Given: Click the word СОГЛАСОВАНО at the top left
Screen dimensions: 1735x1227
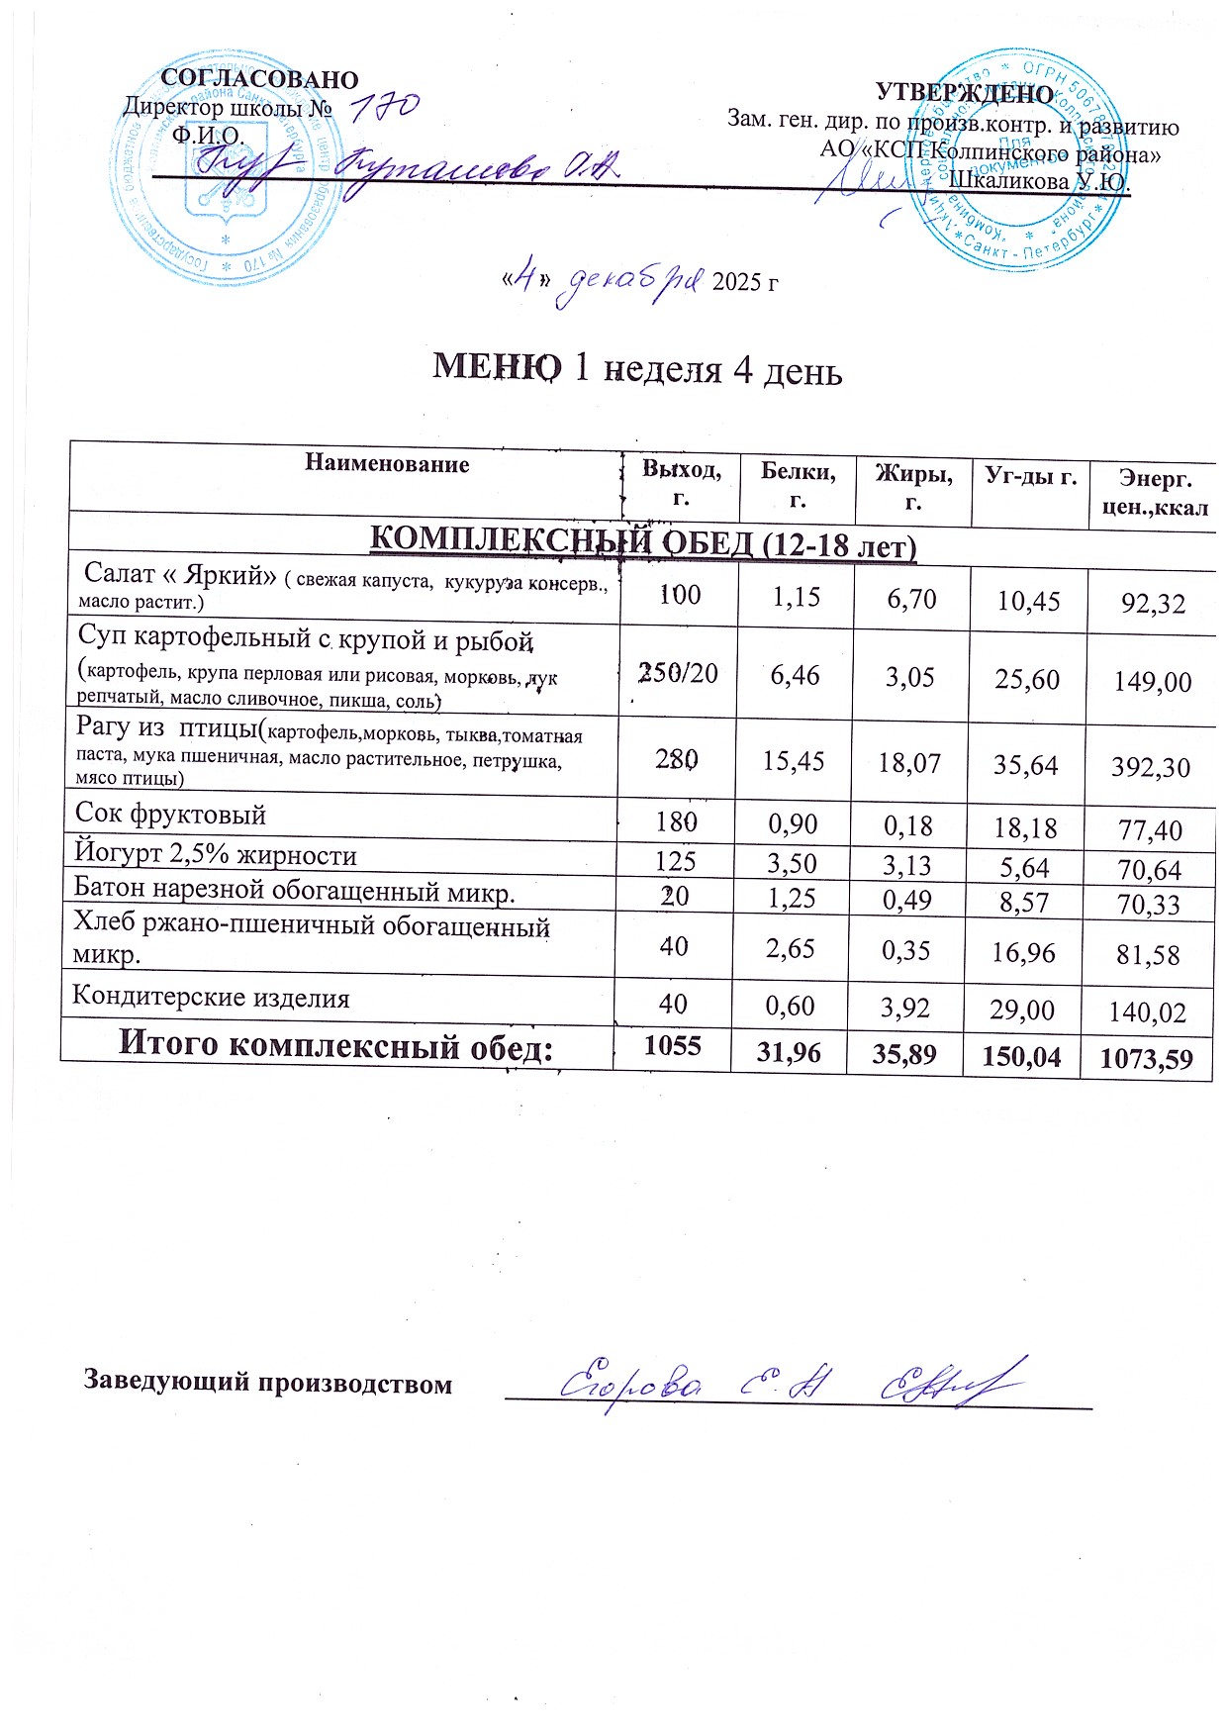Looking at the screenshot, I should (x=259, y=79).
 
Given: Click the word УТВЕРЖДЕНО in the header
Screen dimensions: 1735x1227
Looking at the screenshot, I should (x=965, y=94).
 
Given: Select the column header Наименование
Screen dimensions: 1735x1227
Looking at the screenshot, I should (x=387, y=464).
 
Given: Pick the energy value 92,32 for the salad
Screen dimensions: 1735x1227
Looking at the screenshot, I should (x=1153, y=603).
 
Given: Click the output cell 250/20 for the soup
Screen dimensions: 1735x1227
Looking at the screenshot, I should (x=679, y=674).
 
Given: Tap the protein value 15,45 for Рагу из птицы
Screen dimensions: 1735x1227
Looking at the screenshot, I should (x=796, y=762).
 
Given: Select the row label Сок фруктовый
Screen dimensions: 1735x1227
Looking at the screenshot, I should (x=171, y=816).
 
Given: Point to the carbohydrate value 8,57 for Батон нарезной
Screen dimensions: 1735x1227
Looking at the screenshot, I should (x=1026, y=901).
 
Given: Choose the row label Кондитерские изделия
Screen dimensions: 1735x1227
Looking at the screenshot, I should (x=211, y=998).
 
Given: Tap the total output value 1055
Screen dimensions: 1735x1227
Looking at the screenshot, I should (x=673, y=1046).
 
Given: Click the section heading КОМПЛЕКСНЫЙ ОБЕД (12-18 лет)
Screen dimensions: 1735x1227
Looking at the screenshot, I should (x=642, y=542).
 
